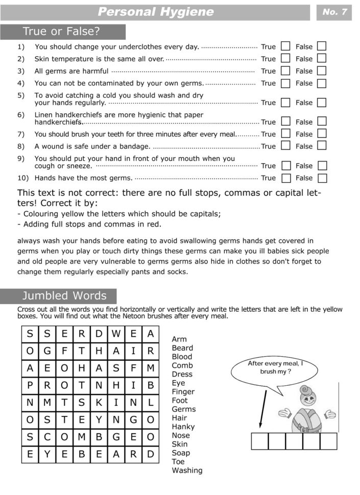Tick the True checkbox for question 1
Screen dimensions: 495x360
(285, 46)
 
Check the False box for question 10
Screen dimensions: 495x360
(322, 178)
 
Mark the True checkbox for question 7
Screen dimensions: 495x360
(285, 134)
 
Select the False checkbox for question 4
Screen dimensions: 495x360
(322, 83)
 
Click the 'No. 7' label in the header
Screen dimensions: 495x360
(334, 12)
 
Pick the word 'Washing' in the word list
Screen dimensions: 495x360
(187, 471)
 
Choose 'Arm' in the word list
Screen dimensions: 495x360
(179, 339)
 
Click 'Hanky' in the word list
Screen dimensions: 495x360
(183, 427)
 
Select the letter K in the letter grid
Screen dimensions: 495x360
(99, 403)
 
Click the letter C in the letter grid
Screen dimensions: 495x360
(47, 437)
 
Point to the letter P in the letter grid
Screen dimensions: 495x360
(30, 385)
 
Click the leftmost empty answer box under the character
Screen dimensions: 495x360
(259, 441)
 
